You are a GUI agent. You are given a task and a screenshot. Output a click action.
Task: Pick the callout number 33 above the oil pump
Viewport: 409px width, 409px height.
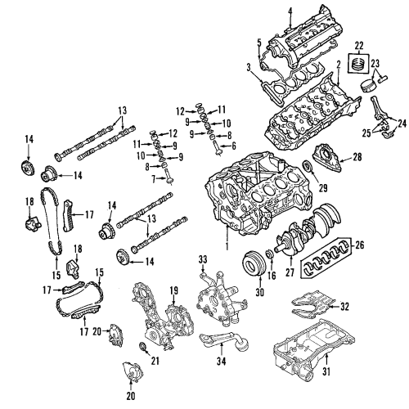[x=204, y=260]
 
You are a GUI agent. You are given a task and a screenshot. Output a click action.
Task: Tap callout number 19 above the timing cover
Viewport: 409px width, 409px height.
[x=174, y=290]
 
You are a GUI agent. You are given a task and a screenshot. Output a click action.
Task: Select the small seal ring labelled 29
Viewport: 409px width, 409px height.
[x=308, y=169]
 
